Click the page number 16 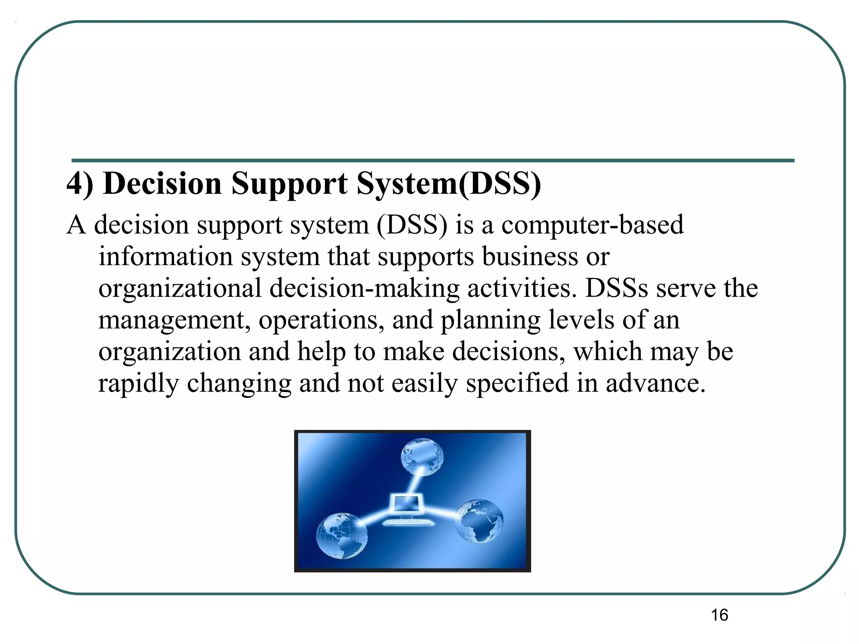click(719, 615)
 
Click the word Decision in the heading click(162, 184)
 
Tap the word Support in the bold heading click(289, 184)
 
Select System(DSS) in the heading click(448, 184)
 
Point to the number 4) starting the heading click(80, 184)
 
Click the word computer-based click(592, 225)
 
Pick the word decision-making click(364, 288)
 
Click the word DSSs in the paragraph click(617, 288)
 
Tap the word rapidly click(138, 384)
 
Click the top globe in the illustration click(422, 457)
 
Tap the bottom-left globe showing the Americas click(342, 535)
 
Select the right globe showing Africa click(479, 521)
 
